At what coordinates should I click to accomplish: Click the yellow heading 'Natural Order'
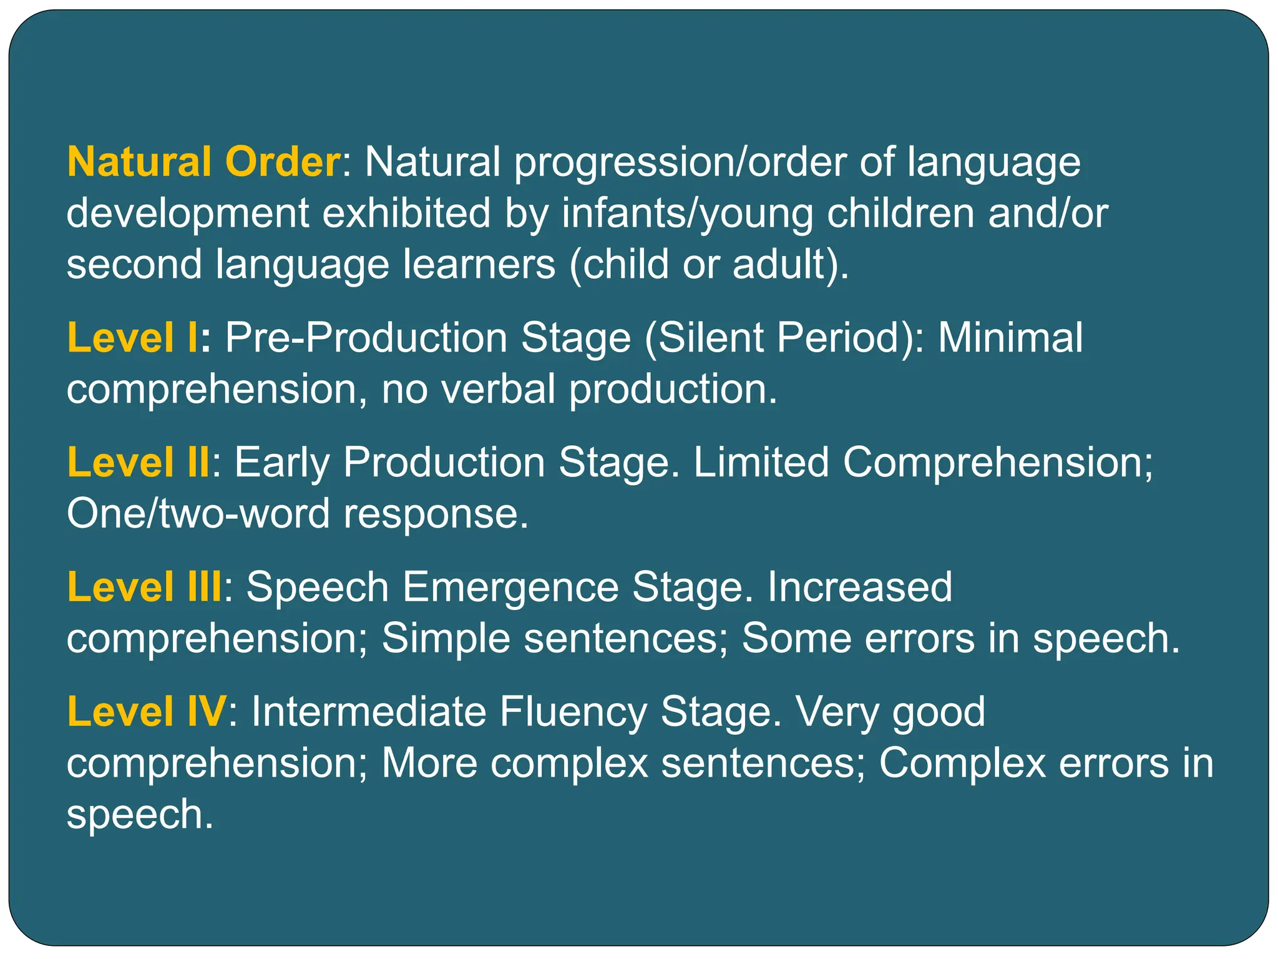point(203,162)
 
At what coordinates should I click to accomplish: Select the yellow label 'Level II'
point(138,463)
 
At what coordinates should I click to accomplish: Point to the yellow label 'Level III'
point(144,588)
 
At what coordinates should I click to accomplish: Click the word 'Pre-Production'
point(366,338)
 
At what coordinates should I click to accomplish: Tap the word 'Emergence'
point(510,588)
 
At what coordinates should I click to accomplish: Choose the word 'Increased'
point(859,588)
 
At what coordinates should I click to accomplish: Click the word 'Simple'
point(446,639)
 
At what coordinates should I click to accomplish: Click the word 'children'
point(901,213)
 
